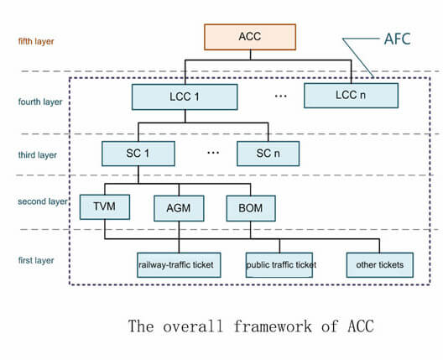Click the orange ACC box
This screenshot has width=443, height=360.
coord(250,37)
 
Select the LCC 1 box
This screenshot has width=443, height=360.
coord(185,97)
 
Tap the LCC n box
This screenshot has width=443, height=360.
coord(352,96)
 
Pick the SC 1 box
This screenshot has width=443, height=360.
coord(138,154)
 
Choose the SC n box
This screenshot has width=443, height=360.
coord(268,154)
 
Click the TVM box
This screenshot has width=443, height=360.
coord(105,207)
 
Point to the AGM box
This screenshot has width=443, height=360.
coord(179,208)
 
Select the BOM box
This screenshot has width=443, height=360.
coord(251,208)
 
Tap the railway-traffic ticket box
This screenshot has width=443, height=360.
coord(179,265)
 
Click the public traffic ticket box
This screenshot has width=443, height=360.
coord(279,265)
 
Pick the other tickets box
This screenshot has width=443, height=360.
coord(380,265)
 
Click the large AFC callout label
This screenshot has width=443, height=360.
coord(397,39)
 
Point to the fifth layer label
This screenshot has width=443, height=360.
coord(36,41)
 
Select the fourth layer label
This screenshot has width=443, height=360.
coord(40,102)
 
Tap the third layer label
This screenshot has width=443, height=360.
coord(37,155)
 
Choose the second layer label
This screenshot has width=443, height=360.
coord(43,201)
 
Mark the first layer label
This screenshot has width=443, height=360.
coord(36,260)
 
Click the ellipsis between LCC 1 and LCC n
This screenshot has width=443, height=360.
coord(281,97)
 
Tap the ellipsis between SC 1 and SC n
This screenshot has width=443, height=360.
coord(213,153)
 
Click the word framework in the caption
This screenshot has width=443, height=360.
coord(273,326)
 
